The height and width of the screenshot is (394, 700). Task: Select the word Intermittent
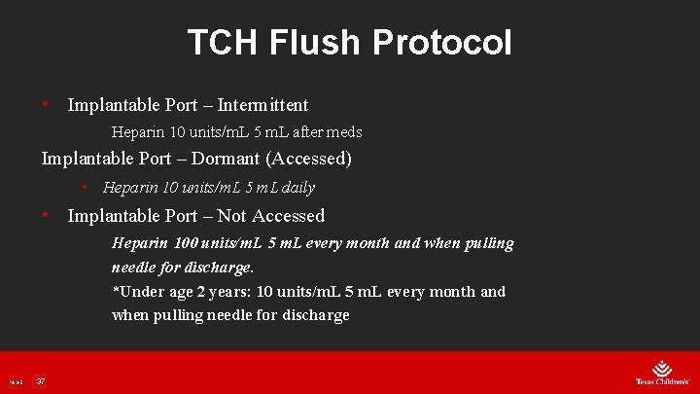(x=262, y=105)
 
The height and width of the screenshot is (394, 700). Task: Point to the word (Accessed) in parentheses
(x=308, y=158)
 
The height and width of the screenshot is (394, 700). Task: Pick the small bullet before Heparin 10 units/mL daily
(x=86, y=187)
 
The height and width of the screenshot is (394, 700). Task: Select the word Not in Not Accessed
(x=231, y=216)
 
